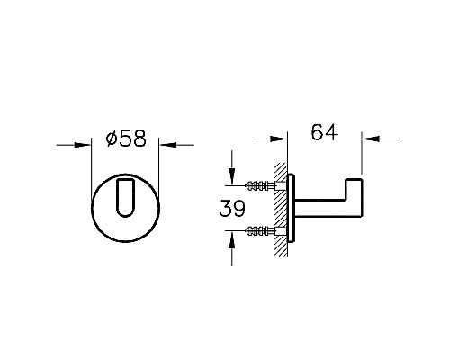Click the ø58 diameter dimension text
click(x=126, y=140)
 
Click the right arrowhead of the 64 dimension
click(x=368, y=139)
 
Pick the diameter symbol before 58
click(x=109, y=140)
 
